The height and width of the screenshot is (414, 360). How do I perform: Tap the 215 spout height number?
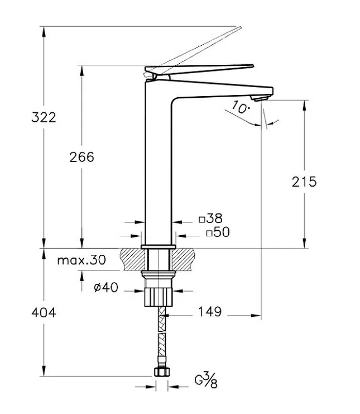304,182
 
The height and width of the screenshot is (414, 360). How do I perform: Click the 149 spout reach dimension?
209,312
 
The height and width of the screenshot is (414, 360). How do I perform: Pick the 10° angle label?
239,107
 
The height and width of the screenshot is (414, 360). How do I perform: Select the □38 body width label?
210,219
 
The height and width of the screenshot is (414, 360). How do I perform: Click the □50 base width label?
217,232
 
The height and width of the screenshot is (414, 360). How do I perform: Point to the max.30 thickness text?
81,260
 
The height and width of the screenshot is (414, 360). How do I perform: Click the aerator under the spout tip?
257,99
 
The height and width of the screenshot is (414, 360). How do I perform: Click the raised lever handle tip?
238,28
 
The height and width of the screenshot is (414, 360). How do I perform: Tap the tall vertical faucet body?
159,168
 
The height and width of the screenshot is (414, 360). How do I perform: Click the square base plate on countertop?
159,246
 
